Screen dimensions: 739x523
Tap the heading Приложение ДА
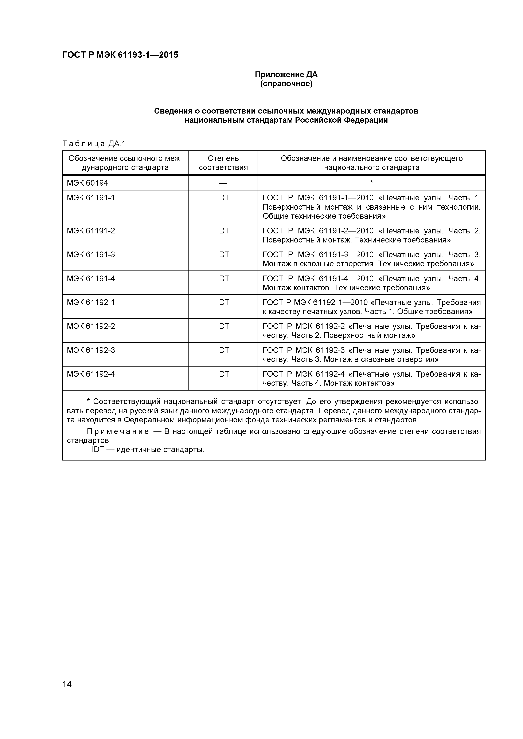tap(286, 75)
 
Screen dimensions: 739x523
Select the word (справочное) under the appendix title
tap(286, 84)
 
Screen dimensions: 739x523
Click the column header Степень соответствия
tap(223, 163)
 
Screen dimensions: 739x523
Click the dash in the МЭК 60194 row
tap(223, 183)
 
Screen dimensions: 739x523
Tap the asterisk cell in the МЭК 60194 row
tap(372, 182)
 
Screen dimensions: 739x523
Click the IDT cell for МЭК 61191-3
tap(223, 255)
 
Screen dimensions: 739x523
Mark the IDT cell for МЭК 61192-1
tap(223, 303)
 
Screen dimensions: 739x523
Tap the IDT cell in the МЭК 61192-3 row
tap(223, 350)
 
